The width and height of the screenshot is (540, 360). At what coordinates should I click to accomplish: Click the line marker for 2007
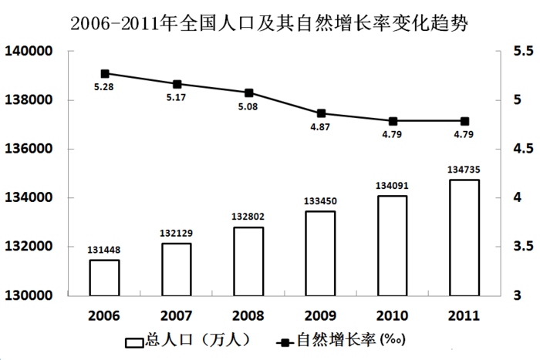(177, 84)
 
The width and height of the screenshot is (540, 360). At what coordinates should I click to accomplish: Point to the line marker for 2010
(393, 121)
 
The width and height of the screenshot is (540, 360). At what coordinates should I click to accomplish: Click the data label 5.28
(104, 88)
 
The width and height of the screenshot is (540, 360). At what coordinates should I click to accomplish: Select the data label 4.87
(321, 126)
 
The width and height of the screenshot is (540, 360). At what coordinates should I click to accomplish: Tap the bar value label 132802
(248, 217)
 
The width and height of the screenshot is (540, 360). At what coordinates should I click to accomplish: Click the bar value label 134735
(464, 170)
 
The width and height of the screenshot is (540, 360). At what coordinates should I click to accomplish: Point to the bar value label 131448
(104, 250)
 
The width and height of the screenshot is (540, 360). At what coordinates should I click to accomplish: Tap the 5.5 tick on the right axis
(504, 52)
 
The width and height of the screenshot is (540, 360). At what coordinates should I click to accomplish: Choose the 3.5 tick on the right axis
(504, 247)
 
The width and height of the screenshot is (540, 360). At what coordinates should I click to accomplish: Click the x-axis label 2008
(248, 315)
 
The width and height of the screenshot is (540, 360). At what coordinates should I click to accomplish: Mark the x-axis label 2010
(393, 315)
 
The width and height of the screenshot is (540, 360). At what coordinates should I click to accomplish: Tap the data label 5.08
(248, 107)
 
